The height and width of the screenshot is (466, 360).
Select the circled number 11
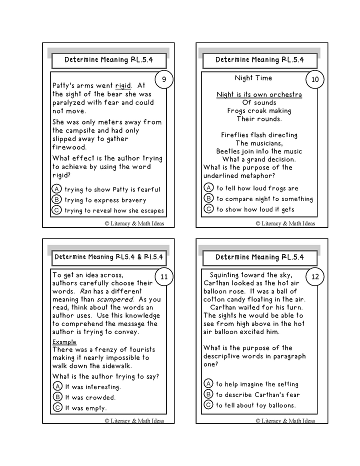163,276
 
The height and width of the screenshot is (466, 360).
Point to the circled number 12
314,276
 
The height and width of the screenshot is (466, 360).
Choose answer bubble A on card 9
56,189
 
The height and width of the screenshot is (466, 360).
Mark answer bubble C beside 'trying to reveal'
56,210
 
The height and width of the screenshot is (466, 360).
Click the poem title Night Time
253,78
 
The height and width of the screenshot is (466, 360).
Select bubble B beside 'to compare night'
208,198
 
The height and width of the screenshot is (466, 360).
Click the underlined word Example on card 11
64,342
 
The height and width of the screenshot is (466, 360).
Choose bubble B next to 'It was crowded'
57,397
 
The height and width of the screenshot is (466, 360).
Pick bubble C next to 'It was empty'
57,407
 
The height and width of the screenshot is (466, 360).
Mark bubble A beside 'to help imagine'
208,383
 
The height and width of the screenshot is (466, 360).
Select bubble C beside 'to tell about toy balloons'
208,405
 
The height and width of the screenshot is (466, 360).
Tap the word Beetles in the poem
229,151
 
